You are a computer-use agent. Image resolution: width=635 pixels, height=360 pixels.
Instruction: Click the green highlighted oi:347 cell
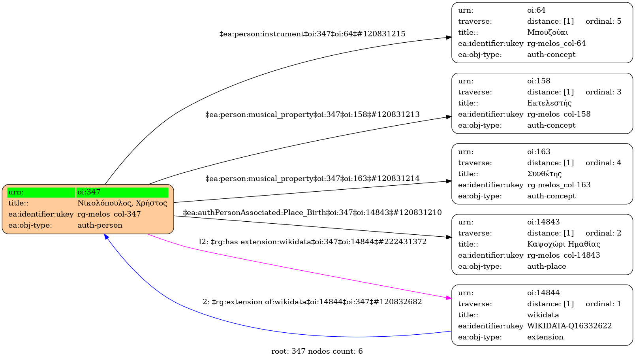122,192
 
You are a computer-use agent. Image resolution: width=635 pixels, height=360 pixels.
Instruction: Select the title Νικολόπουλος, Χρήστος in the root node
122,203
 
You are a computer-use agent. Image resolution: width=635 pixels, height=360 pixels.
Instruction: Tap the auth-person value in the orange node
100,225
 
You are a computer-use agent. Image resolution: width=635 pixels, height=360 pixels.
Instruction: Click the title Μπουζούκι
547,32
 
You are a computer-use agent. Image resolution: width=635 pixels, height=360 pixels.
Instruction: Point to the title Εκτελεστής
549,103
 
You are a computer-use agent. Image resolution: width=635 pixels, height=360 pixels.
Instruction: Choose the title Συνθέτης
544,174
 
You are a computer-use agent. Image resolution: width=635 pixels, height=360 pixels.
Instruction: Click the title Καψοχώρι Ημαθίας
564,244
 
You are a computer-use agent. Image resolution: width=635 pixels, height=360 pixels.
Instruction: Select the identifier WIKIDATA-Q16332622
569,326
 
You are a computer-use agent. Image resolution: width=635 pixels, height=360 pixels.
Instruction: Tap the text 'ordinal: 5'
603,21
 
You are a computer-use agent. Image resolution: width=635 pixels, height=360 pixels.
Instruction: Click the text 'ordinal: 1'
603,304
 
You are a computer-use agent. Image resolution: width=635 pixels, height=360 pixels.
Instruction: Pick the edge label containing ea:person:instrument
312,34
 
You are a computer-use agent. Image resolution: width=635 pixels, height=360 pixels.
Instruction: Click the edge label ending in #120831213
312,115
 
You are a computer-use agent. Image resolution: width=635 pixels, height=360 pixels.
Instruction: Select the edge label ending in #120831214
312,179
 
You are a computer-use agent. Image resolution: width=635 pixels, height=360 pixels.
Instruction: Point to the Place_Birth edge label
312,213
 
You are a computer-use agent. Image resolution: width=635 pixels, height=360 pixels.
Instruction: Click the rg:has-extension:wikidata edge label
312,242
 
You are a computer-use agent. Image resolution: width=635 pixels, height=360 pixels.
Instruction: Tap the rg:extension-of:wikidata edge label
312,302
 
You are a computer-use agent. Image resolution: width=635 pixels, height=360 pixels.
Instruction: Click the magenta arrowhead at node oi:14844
449,298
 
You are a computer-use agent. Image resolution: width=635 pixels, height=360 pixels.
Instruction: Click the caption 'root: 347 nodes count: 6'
317,351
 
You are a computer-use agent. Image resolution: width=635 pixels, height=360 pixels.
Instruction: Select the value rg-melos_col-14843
564,255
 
